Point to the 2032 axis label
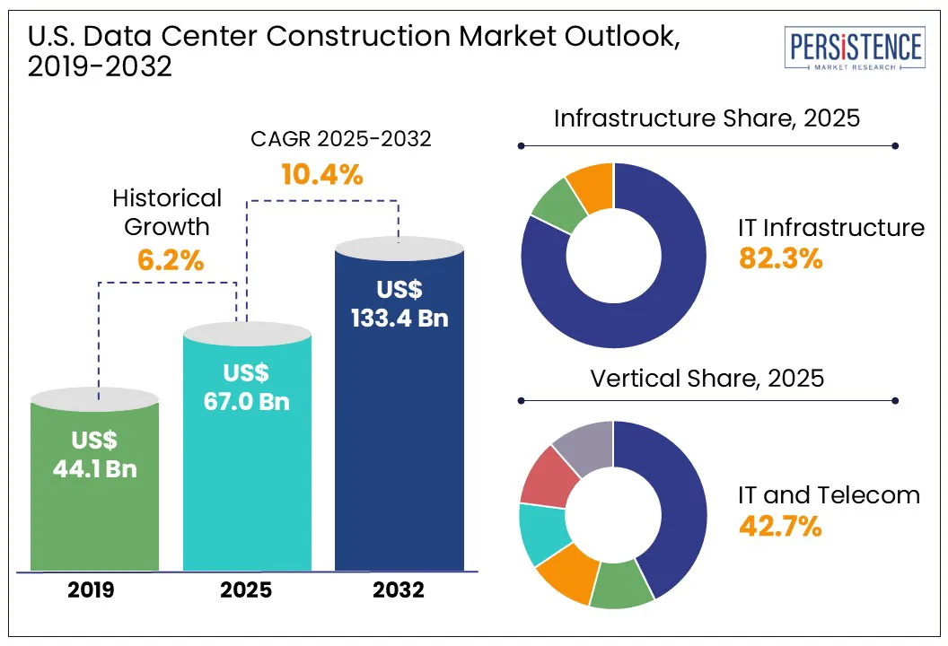[x=399, y=591]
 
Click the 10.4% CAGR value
[x=321, y=174]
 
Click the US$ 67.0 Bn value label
[x=247, y=388]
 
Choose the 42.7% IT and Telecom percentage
[x=780, y=526]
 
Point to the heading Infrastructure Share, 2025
[x=707, y=118]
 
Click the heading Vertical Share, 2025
[x=707, y=378]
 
